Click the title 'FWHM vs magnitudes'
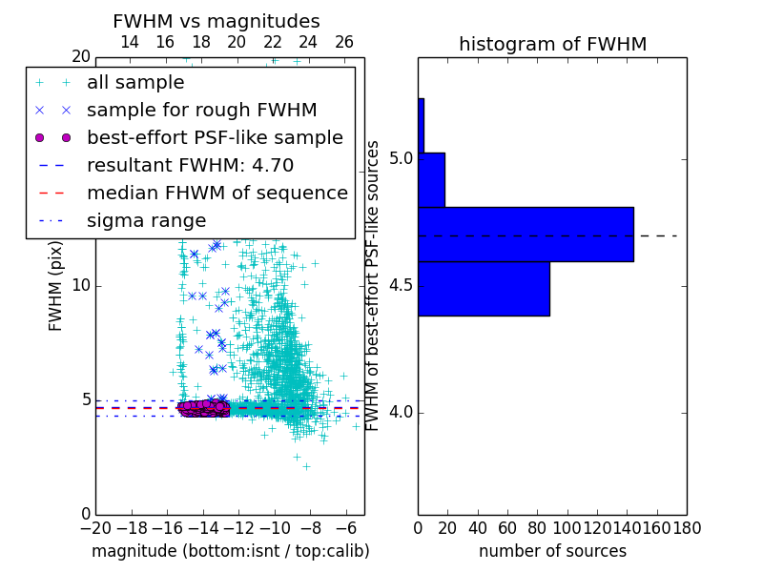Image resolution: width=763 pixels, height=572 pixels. click(217, 21)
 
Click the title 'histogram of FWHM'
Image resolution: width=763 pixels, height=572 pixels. click(552, 44)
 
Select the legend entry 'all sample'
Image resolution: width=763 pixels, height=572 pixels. click(135, 82)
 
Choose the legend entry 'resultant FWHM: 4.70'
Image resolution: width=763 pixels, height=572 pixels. click(190, 165)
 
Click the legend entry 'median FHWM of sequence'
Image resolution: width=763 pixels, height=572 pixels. click(217, 193)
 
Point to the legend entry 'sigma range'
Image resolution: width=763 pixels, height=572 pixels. click(146, 220)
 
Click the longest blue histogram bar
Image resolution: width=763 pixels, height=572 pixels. click(526, 234)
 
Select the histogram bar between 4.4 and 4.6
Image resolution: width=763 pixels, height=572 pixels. click(484, 288)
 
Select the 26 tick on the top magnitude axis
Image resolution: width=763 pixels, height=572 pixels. click(344, 42)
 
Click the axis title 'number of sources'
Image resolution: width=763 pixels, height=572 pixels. click(552, 551)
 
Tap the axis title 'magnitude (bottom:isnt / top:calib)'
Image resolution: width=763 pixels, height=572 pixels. click(230, 551)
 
